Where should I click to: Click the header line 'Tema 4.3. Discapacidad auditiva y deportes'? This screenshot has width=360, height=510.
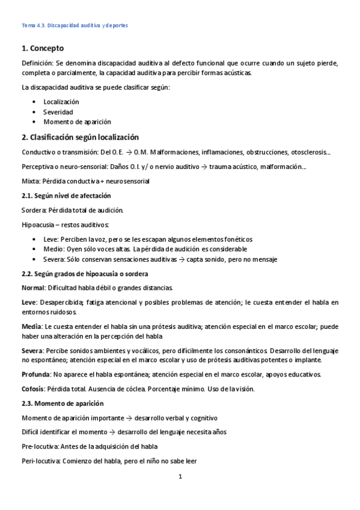75,26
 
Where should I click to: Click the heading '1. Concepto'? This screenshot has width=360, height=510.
43,48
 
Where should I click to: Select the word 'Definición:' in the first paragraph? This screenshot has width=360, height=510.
37,63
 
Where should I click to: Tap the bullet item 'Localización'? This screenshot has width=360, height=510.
61,102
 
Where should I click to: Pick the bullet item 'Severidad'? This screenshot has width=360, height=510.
58,112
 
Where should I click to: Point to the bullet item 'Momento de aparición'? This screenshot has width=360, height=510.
77,121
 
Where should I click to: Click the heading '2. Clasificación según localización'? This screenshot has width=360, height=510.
80,137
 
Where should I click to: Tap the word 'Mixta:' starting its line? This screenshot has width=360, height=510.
31,181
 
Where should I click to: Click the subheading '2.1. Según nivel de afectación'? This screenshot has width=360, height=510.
66,196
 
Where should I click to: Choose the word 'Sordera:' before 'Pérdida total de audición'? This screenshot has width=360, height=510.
34,210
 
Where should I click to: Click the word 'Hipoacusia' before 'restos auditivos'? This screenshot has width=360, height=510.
38,225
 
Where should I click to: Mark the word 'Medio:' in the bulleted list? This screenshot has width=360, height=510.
53,249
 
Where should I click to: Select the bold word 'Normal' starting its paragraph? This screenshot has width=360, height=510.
32,287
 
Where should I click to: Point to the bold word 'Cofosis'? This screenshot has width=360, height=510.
34,389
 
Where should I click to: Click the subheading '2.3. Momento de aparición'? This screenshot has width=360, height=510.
62,403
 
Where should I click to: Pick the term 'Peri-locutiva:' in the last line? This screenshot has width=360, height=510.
41,461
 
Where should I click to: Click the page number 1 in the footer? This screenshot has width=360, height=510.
180,478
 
